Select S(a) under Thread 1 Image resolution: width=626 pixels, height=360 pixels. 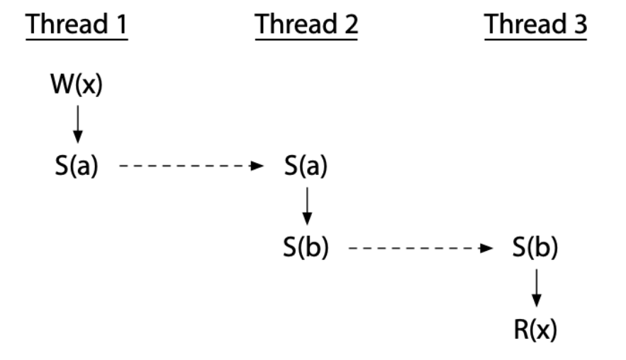point(77,169)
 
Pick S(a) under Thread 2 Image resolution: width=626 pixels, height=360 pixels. point(306,169)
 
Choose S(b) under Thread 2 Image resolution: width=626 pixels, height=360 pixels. point(306,249)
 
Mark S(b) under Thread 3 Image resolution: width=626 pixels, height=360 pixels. point(536,249)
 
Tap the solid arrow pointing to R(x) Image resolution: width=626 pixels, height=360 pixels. point(536,288)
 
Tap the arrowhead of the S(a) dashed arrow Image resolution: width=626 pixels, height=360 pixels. point(259,168)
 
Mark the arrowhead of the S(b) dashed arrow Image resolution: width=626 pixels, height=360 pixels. point(488,248)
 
